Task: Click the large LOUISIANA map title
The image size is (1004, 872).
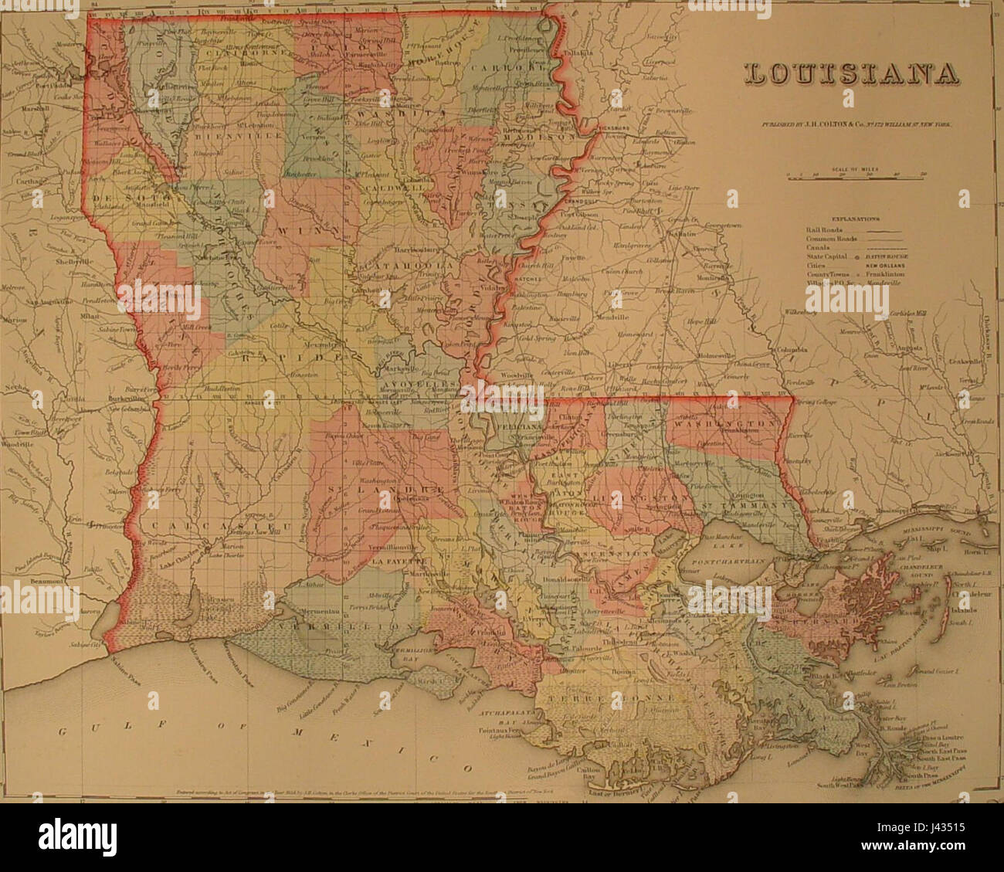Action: point(851,74)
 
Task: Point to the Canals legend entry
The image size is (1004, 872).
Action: point(820,247)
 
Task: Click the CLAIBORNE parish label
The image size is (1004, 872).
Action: point(249,53)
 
